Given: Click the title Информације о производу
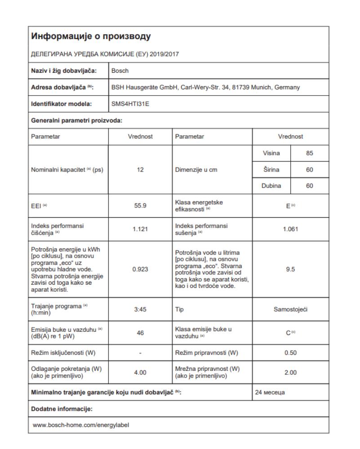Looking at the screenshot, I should (x=90, y=36).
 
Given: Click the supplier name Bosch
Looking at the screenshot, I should (x=120, y=70).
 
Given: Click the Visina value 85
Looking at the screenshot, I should (x=310, y=154).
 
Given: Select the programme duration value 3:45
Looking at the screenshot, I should (x=140, y=309).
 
